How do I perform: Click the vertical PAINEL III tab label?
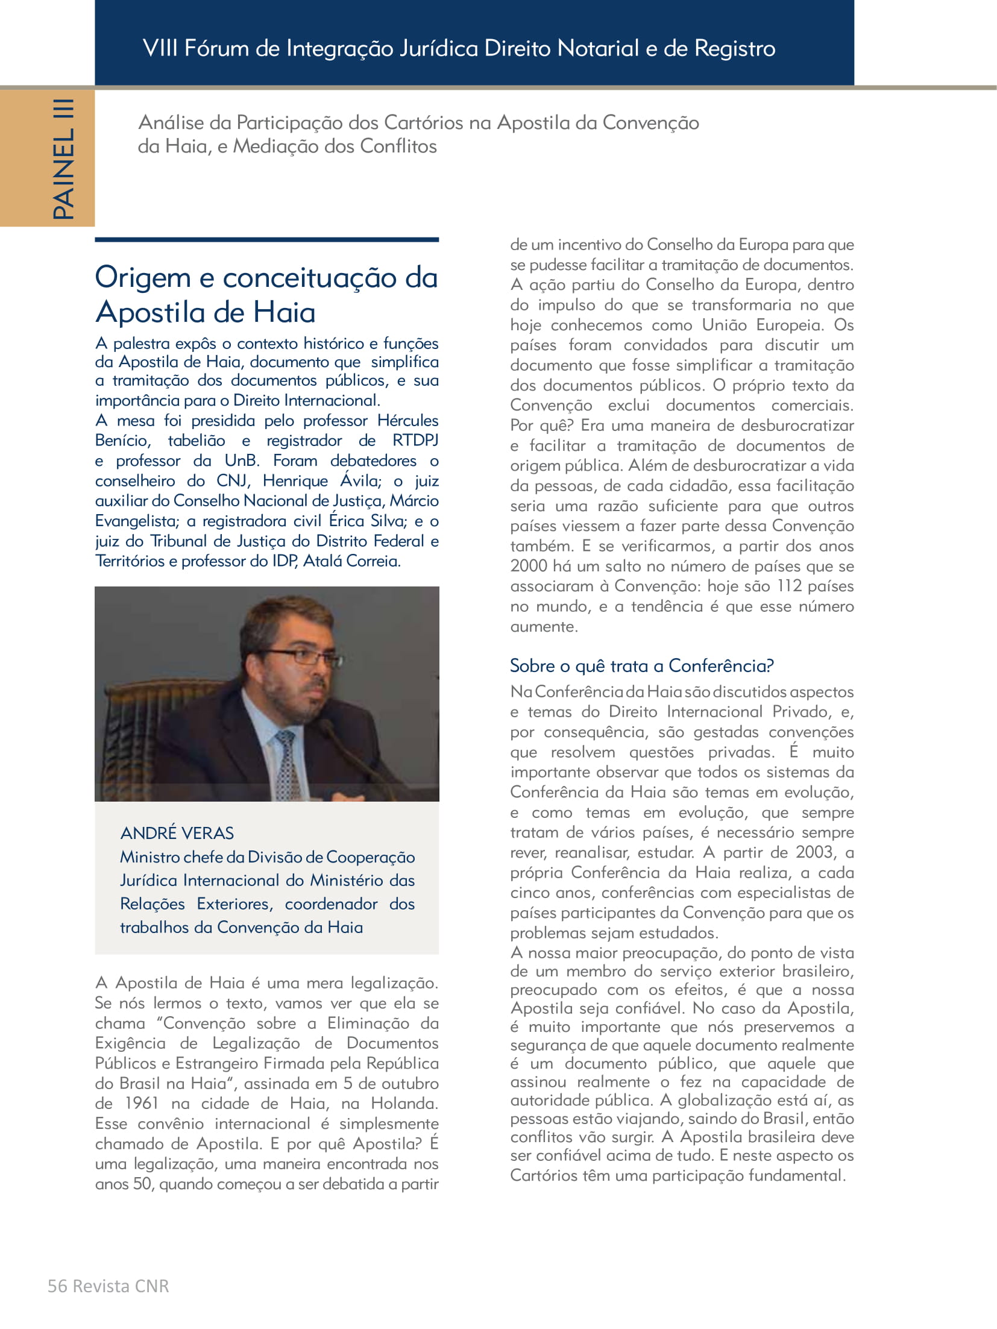[x=63, y=159]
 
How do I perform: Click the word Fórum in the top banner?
[x=216, y=48]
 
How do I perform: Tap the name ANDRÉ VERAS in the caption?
[x=177, y=833]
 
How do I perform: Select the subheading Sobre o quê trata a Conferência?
[x=641, y=666]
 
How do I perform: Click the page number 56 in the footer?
[x=57, y=1286]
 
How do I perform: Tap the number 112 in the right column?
[x=789, y=586]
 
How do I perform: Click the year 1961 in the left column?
[x=141, y=1104]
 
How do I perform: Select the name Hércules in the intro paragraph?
[x=407, y=421]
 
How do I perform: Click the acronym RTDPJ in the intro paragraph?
[x=415, y=441]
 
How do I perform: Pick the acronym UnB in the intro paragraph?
[x=241, y=460]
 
